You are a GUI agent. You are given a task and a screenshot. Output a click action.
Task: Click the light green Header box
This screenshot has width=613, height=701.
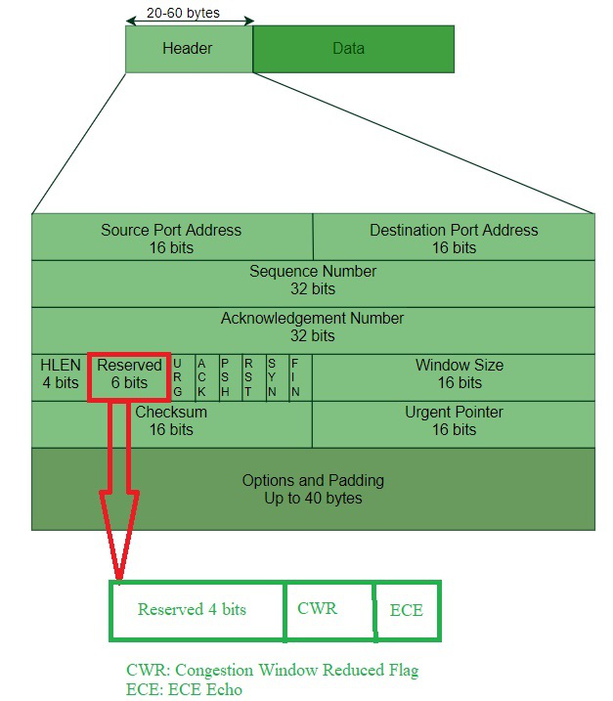[189, 49]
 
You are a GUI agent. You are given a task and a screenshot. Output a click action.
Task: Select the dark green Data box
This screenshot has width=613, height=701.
[353, 49]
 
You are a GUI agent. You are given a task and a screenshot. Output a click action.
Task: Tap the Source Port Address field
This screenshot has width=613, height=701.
[171, 238]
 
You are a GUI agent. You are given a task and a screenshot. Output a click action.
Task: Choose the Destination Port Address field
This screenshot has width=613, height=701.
[454, 238]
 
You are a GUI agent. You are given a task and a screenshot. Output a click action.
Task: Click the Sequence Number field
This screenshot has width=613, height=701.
[313, 280]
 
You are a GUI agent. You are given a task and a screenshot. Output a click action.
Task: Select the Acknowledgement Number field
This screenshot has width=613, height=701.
[313, 327]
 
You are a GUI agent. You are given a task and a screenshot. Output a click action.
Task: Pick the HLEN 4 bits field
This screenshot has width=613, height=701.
[61, 373]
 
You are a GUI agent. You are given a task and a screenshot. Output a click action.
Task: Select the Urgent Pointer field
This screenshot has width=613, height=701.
[454, 420]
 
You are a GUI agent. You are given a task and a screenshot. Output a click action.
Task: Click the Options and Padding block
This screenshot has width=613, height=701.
[313, 489]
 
